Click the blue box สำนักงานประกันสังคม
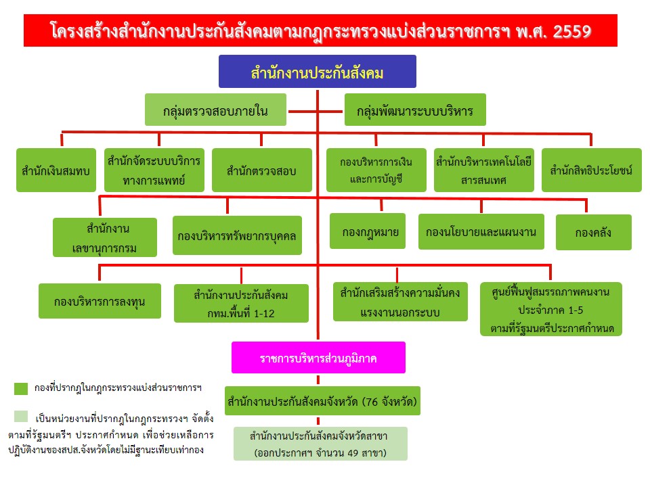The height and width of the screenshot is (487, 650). coord(317,72)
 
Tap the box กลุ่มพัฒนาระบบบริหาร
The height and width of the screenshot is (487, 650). coord(415,111)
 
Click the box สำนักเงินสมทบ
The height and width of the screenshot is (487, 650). coord(56,170)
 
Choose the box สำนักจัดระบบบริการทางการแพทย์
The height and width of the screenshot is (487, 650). coord(154,170)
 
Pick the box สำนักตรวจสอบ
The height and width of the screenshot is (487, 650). coord(262,170)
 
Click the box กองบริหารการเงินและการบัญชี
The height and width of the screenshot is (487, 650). coord(376,170)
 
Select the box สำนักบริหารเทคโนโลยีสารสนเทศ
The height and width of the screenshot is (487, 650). coord(484,170)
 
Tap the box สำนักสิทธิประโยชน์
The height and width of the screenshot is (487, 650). coord(591,170)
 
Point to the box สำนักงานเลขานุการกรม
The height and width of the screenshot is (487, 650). coord(105,237)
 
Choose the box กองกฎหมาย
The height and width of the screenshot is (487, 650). coord(368,231)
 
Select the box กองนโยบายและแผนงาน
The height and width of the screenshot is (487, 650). coord(481,232)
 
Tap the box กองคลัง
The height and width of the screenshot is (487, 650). coord(593,232)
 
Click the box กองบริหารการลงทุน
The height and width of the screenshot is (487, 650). coord(99,301)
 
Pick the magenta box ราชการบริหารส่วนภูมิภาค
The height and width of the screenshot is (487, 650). coord(318,358)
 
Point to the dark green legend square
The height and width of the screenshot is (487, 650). coord(21,388)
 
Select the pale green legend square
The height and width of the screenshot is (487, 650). coord(21,416)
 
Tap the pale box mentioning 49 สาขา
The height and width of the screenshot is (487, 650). coord(321,444)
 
